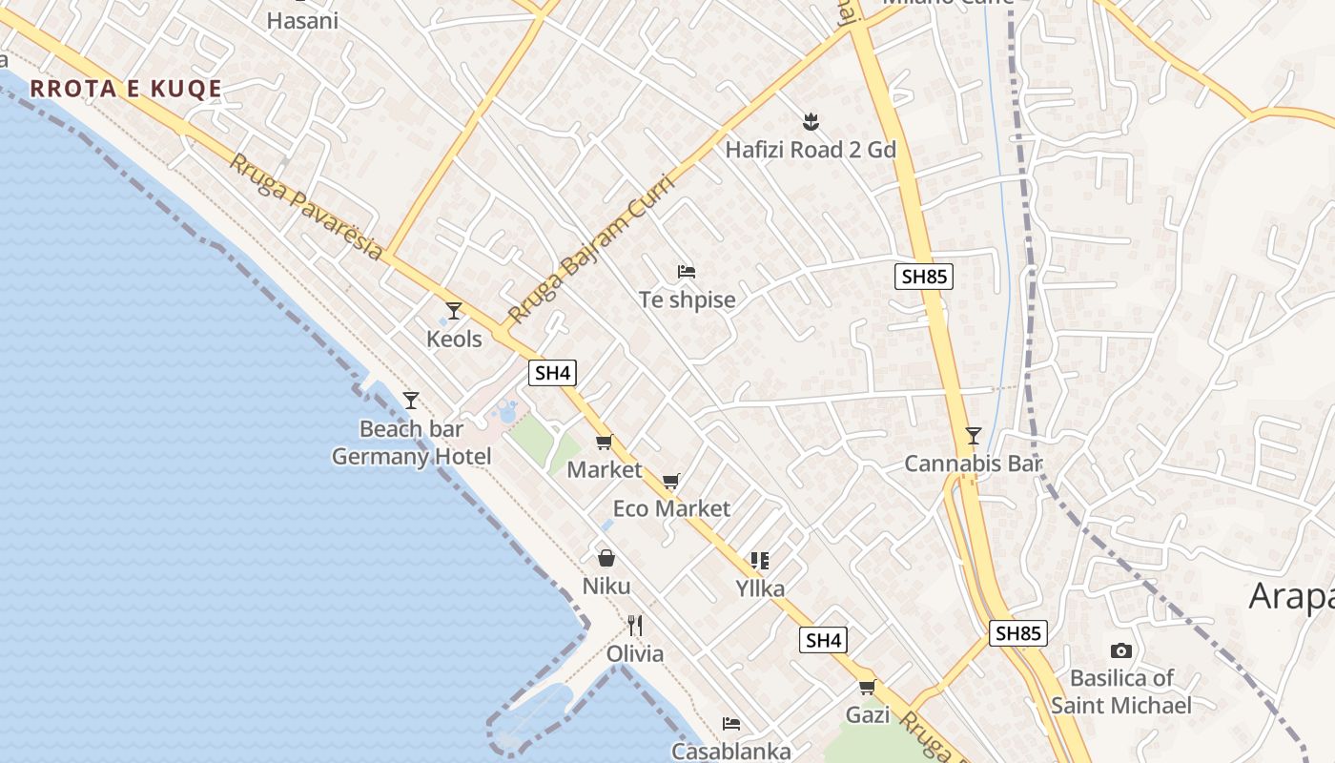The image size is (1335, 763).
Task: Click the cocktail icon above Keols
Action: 454,311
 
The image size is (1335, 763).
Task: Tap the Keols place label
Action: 454,339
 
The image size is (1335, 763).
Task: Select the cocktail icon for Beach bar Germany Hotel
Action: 411,401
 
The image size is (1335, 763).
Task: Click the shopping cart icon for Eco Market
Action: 671,481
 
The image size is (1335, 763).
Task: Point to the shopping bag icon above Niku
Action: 606,558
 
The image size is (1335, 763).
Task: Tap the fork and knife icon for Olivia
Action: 635,626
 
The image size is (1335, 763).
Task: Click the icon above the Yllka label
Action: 759,561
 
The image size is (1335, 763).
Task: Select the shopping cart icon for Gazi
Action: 867,687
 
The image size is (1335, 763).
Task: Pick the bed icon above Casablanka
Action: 731,724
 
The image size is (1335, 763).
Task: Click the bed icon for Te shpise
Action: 687,272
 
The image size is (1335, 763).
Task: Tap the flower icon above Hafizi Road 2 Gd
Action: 811,121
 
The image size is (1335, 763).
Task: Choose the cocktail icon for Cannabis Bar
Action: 973,436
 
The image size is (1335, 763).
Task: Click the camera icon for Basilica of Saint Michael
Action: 1121,651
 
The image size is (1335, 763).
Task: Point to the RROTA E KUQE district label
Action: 126,89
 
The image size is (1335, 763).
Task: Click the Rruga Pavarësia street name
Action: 306,206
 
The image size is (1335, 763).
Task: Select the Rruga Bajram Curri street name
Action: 598,249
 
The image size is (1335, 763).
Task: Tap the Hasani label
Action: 302,20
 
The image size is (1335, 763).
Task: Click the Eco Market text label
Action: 671,508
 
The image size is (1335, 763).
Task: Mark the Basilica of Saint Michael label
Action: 1121,691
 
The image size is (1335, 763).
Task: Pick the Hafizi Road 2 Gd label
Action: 811,150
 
